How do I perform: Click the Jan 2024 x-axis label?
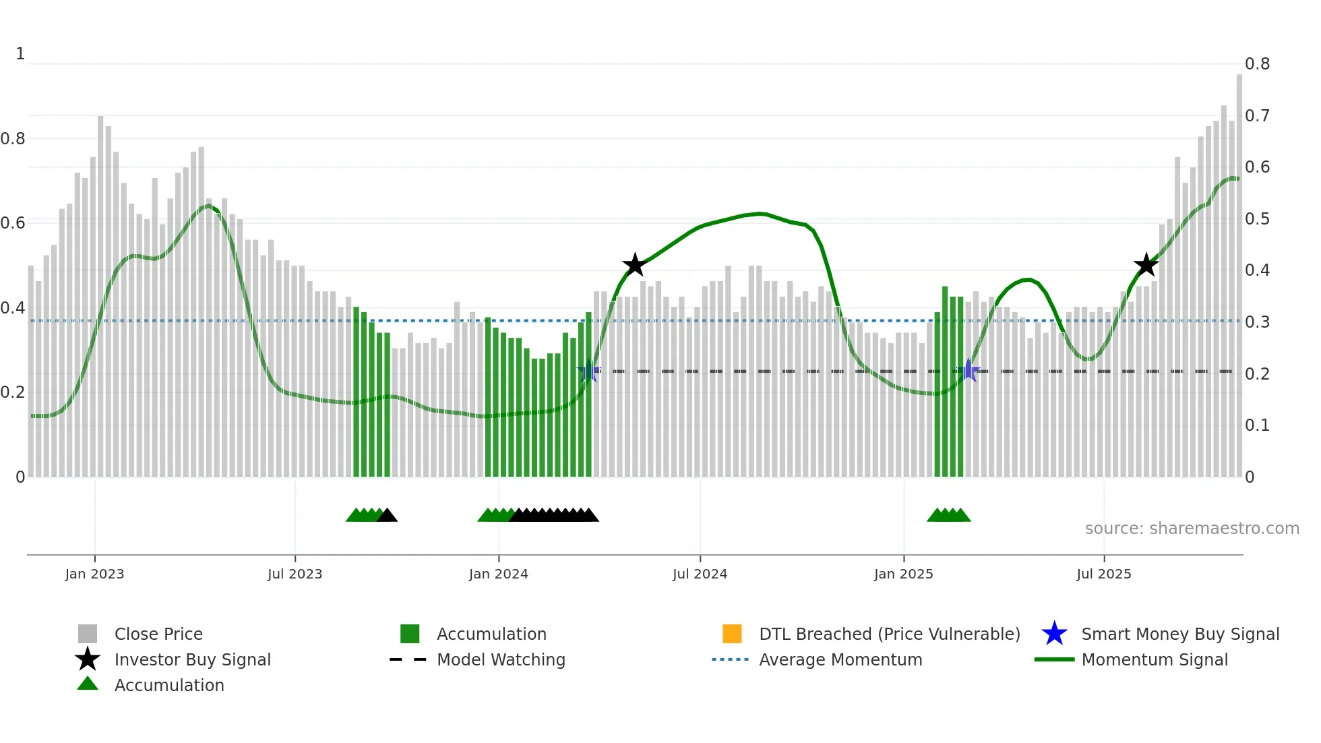point(498,574)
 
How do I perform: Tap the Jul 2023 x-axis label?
point(295,574)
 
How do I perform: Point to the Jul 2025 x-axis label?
point(1103,574)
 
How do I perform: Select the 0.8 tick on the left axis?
point(13,139)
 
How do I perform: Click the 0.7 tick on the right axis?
point(1257,116)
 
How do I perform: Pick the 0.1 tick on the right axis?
point(1257,425)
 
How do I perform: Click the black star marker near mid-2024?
point(634,265)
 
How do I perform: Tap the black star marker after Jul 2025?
point(1146,265)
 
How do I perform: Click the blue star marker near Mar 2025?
point(969,370)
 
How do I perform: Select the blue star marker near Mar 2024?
point(589,370)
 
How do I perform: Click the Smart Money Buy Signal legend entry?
point(1179,634)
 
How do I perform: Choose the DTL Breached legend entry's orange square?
point(732,634)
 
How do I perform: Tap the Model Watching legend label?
point(501,659)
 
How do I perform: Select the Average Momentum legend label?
point(840,659)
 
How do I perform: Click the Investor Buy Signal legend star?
point(88,659)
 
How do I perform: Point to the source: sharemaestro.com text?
point(1192,529)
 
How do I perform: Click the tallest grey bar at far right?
point(1239,270)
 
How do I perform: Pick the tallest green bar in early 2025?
point(945,378)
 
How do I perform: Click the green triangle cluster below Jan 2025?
point(948,515)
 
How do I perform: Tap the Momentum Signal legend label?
point(1154,659)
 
